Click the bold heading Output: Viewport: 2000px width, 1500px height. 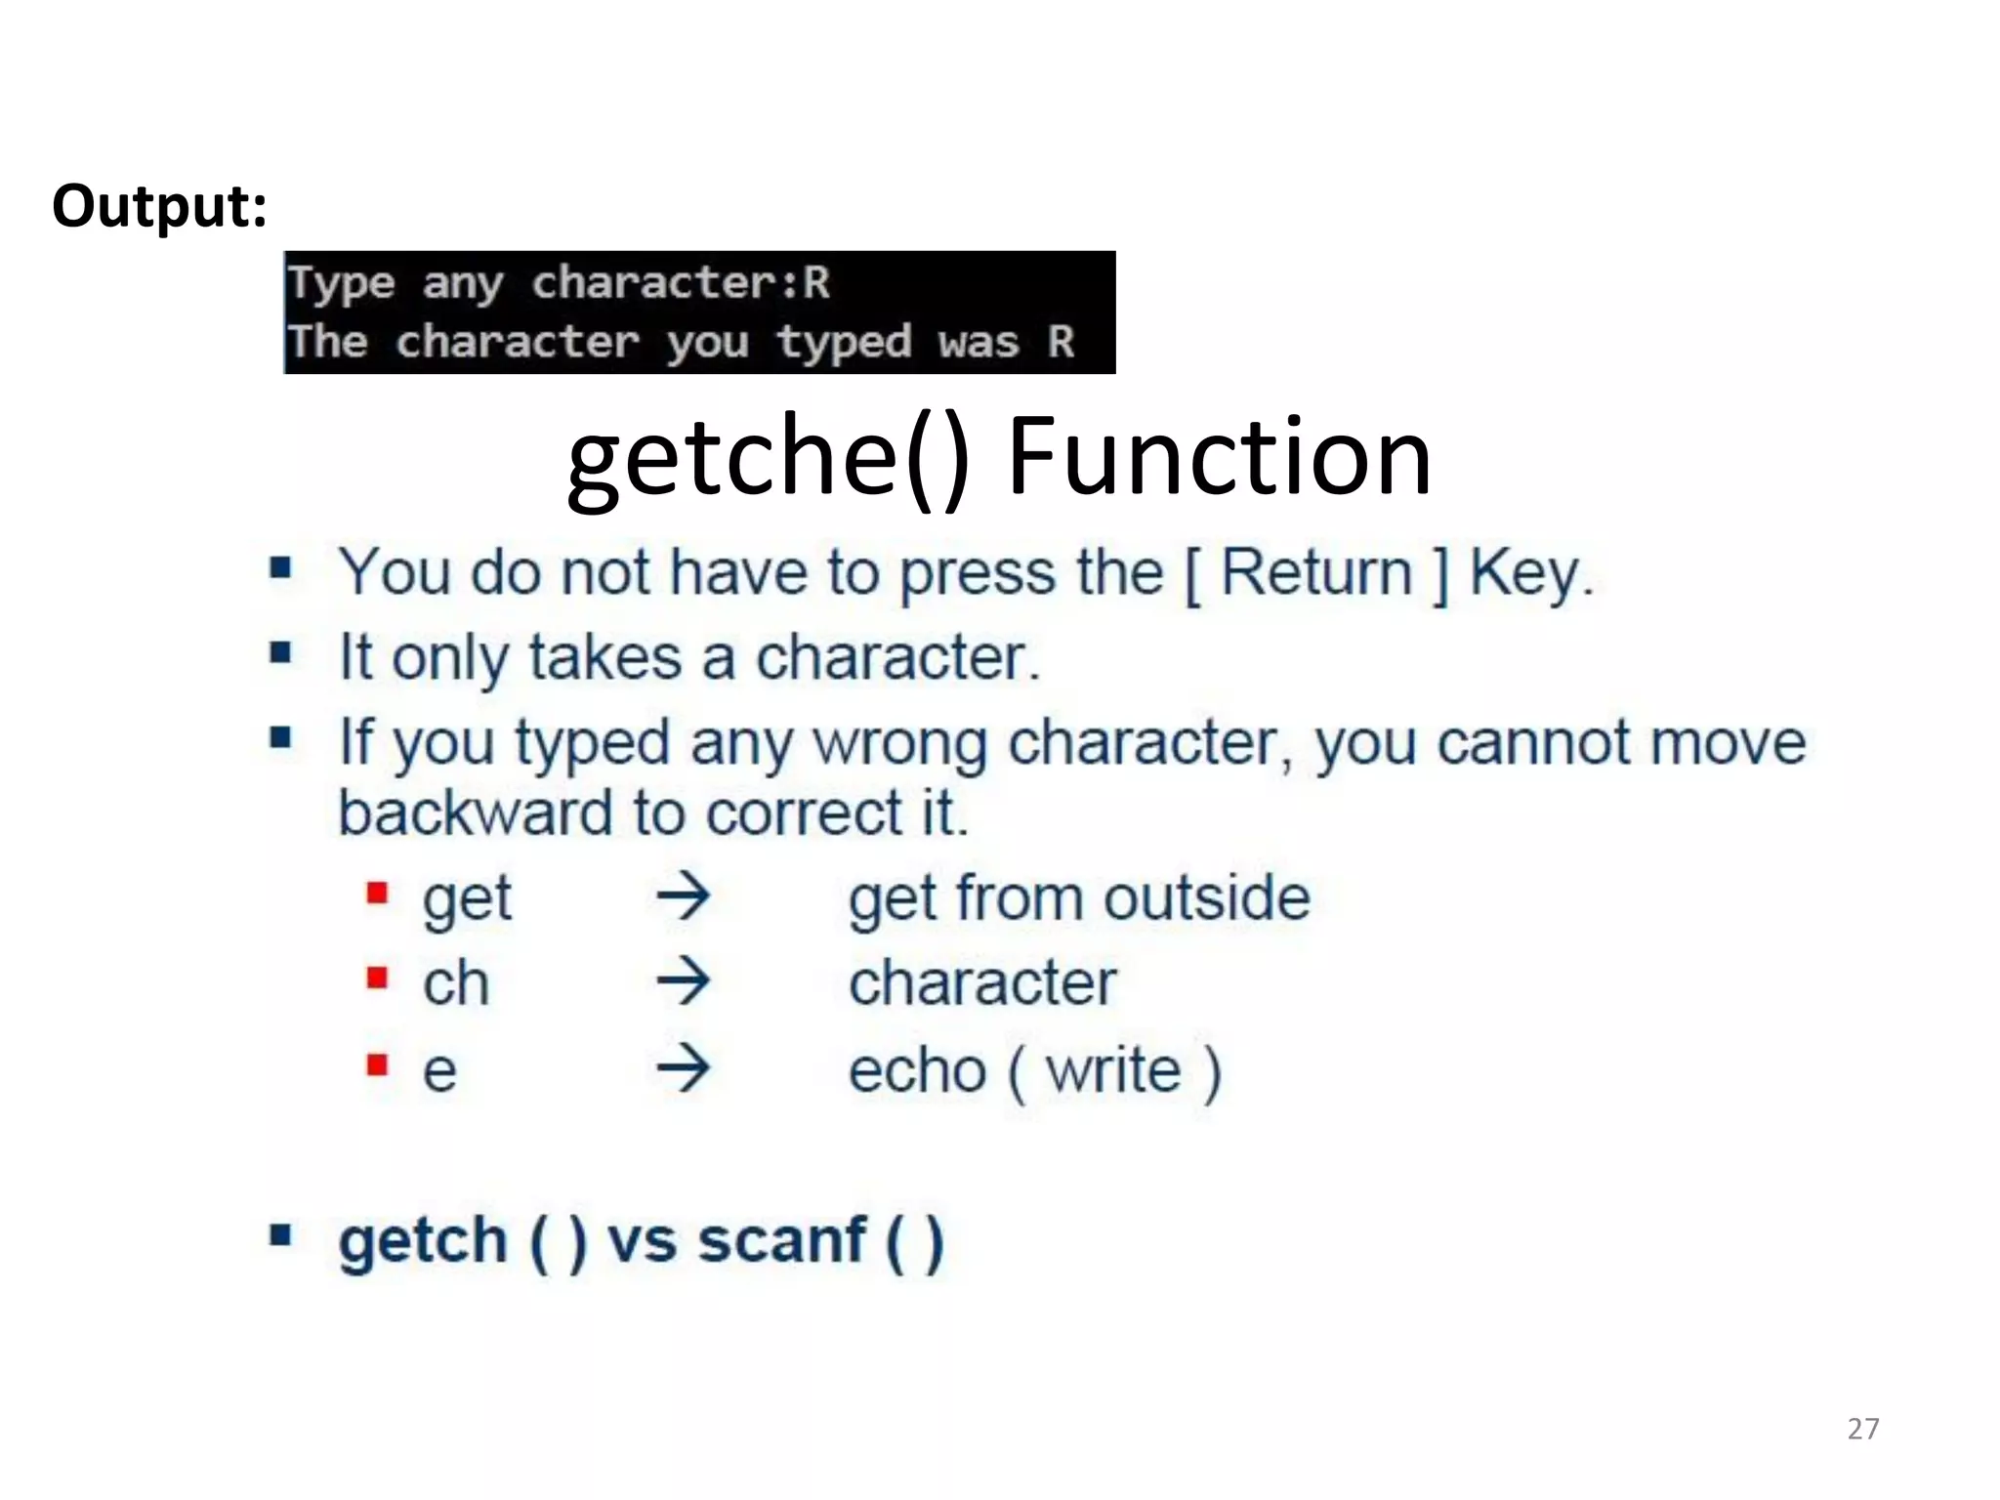click(x=159, y=207)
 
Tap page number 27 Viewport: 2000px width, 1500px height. click(x=1862, y=1429)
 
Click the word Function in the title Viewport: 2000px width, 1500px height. click(x=1219, y=456)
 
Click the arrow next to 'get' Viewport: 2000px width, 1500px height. click(x=683, y=896)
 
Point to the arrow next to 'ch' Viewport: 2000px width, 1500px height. click(x=683, y=981)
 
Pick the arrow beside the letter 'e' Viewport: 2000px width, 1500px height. click(x=683, y=1067)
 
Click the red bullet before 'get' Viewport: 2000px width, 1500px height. click(x=378, y=893)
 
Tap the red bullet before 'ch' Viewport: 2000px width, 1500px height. click(x=378, y=978)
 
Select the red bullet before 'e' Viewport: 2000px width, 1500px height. click(x=378, y=1063)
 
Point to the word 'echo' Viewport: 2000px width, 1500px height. click(x=917, y=1070)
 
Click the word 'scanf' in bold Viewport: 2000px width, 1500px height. click(x=782, y=1240)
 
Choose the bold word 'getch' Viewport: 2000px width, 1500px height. click(x=422, y=1242)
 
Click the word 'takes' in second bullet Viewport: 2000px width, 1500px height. click(x=605, y=657)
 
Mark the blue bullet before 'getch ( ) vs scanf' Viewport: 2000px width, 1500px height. click(x=281, y=1235)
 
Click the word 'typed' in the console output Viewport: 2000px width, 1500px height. click(x=844, y=343)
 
